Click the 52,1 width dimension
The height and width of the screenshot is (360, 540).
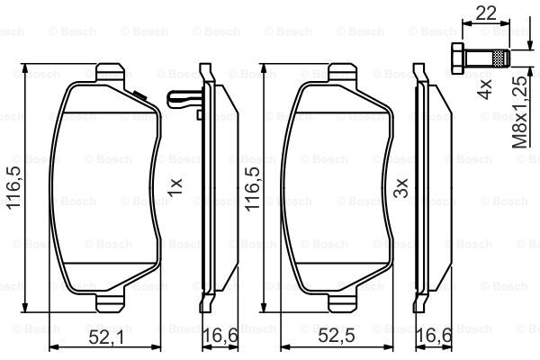[105, 337]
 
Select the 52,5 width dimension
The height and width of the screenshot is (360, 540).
[336, 336]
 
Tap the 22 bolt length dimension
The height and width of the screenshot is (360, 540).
[486, 13]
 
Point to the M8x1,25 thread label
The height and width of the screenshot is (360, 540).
[519, 112]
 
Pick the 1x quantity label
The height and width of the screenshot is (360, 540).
[175, 187]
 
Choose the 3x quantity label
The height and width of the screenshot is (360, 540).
[400, 188]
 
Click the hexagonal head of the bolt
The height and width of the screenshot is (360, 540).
[457, 58]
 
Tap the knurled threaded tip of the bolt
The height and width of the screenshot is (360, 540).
[501, 58]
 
